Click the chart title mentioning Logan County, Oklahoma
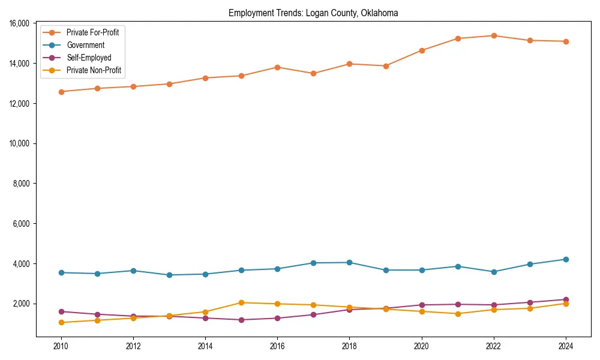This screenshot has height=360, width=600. coord(313,13)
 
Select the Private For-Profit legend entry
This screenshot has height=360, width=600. coord(92,32)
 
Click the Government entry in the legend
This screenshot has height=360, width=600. coord(85,45)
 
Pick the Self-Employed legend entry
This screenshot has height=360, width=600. coord(89,58)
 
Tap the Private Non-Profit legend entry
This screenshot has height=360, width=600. coord(94,71)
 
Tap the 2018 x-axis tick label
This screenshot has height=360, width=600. coord(349,346)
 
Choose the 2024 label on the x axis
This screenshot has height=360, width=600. coord(566,346)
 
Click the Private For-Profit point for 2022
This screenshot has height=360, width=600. coord(494,35)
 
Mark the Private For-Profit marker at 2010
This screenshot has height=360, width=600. coord(61,92)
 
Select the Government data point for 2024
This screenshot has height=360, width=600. coord(566,259)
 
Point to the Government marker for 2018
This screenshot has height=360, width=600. coord(349,262)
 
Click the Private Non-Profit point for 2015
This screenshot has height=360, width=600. coord(241,302)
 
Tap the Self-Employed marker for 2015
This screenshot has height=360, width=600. coord(241,320)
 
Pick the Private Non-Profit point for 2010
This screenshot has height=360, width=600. coord(61,323)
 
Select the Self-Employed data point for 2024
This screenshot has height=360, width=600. coord(566,299)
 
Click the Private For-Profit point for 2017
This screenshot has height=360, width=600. coord(313,73)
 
